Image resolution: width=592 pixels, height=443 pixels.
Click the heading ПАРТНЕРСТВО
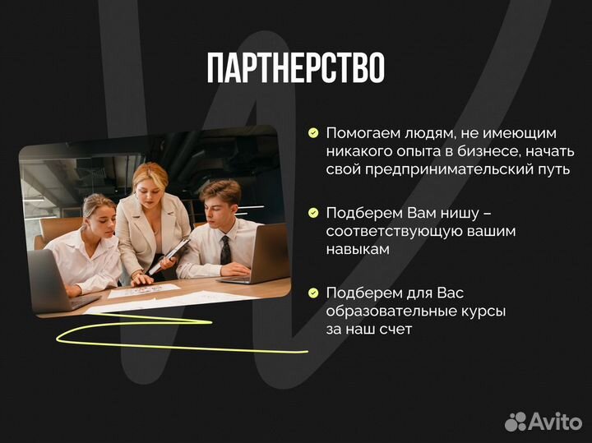(295, 69)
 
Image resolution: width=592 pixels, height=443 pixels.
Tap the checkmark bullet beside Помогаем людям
(313, 132)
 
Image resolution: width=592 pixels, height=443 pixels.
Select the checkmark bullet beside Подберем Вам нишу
(313, 213)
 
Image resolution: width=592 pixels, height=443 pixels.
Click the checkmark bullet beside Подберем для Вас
(313, 293)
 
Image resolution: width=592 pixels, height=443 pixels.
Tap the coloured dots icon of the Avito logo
(516, 422)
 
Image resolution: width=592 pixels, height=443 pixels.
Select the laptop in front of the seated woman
(49, 281)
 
